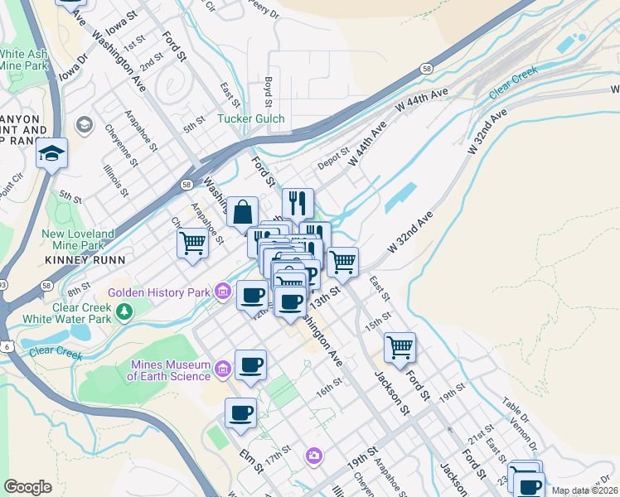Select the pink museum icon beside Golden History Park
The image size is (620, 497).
tap(222, 292)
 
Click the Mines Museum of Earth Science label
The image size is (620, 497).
tap(169, 370)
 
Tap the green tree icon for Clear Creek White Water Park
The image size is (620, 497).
tap(124, 311)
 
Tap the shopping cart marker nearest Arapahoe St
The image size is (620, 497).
tap(192, 244)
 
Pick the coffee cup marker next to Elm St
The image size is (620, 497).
tap(241, 413)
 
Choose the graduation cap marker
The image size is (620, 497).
tap(51, 154)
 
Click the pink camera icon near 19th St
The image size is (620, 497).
tap(314, 455)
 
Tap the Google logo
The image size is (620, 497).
tap(28, 486)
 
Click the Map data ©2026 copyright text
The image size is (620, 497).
tap(584, 490)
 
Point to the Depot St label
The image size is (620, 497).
tap(334, 158)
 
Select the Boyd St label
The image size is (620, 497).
tap(269, 92)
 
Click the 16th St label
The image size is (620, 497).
tap(328, 386)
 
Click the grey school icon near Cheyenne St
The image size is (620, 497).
tap(84, 125)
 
